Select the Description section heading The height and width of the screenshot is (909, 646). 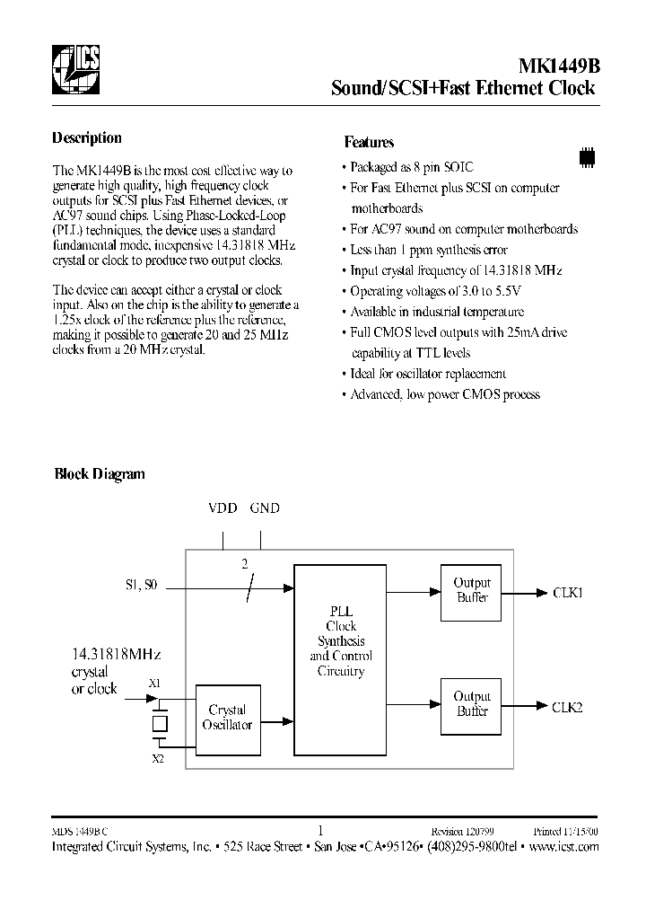point(87,138)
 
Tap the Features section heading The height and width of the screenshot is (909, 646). point(369,142)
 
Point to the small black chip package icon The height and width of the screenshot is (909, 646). point(587,156)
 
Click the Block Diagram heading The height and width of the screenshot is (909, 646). point(100,474)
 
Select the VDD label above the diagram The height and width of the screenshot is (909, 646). point(223,508)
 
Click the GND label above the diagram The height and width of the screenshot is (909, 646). point(265,508)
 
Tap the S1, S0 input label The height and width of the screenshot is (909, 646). point(141,586)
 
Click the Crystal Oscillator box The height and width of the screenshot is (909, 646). point(227,718)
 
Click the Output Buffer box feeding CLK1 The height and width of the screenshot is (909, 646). point(472,591)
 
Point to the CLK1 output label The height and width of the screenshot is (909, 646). point(567,593)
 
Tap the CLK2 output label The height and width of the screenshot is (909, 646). point(567,707)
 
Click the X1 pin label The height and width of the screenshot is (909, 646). point(154,684)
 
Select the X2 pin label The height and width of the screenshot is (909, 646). point(158,759)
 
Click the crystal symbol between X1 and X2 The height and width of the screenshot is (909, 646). point(160,722)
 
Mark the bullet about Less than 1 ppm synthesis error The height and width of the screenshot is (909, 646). point(428,250)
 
